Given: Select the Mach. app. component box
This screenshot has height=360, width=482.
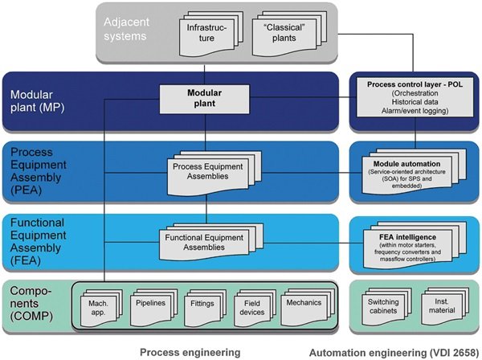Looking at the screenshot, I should tap(100, 305).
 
